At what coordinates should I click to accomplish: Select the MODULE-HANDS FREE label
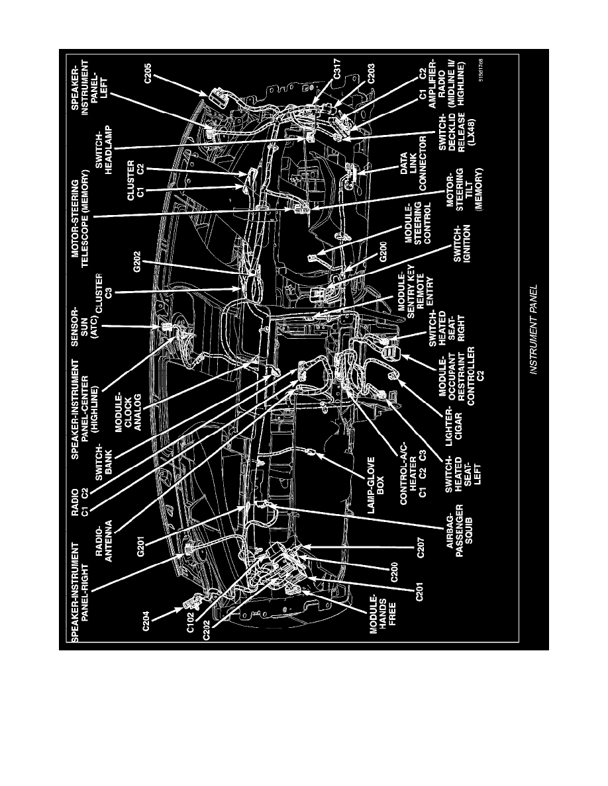tap(382, 621)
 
